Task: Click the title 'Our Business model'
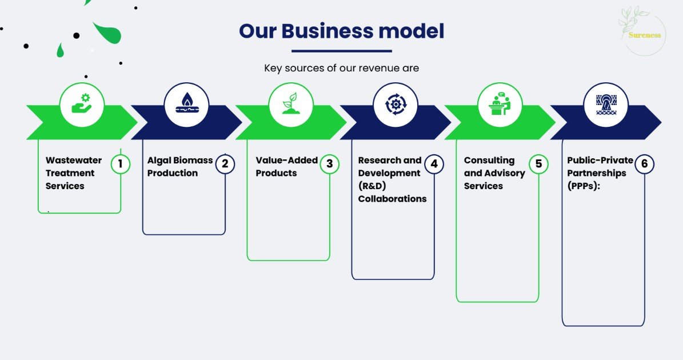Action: pos(341,31)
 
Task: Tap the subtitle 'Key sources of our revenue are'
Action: pos(341,68)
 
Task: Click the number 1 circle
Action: pos(121,164)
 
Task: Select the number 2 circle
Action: pos(225,164)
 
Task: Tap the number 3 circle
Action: pos(329,164)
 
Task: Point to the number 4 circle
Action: pos(434,164)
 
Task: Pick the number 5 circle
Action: pos(538,164)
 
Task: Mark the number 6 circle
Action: pos(644,164)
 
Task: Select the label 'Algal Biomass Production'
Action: pos(179,167)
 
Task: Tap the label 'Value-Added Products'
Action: pos(286,167)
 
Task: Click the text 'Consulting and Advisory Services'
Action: pos(494,173)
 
